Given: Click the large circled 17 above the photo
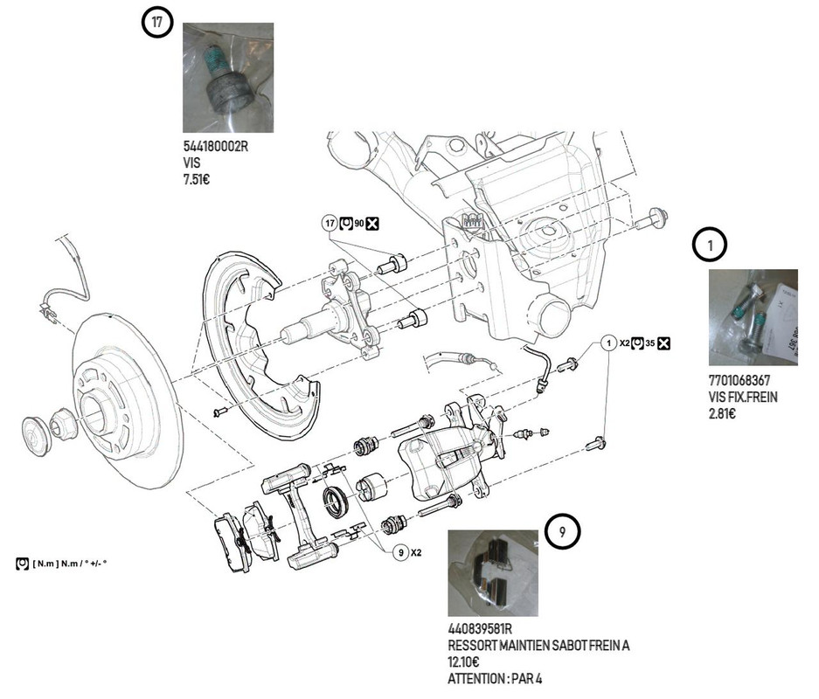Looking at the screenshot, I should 156,23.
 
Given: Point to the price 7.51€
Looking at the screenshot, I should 197,180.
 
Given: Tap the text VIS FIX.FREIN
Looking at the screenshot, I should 743,397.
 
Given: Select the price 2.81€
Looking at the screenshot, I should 722,412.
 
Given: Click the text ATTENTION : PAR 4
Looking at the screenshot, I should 500,678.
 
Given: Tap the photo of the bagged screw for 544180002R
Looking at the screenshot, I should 227,78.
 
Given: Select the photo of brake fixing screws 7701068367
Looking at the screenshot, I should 753,316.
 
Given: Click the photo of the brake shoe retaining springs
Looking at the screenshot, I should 492,573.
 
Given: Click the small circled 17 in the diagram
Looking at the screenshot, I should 330,224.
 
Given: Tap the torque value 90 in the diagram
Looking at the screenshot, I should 358,225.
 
